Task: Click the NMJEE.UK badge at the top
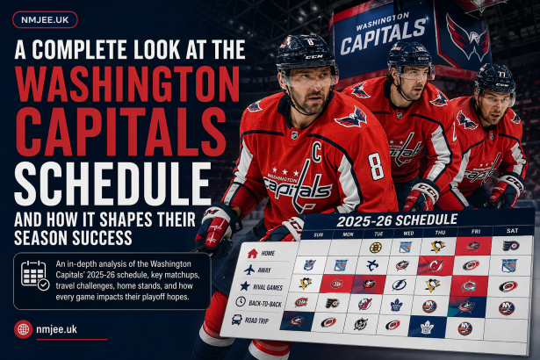[x=44, y=18]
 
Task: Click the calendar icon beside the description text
[x=34, y=276]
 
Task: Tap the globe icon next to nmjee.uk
[x=25, y=329]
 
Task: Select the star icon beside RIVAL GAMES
[x=245, y=285]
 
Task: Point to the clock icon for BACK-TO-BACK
[x=241, y=302]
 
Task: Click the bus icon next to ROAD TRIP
[x=237, y=320]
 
